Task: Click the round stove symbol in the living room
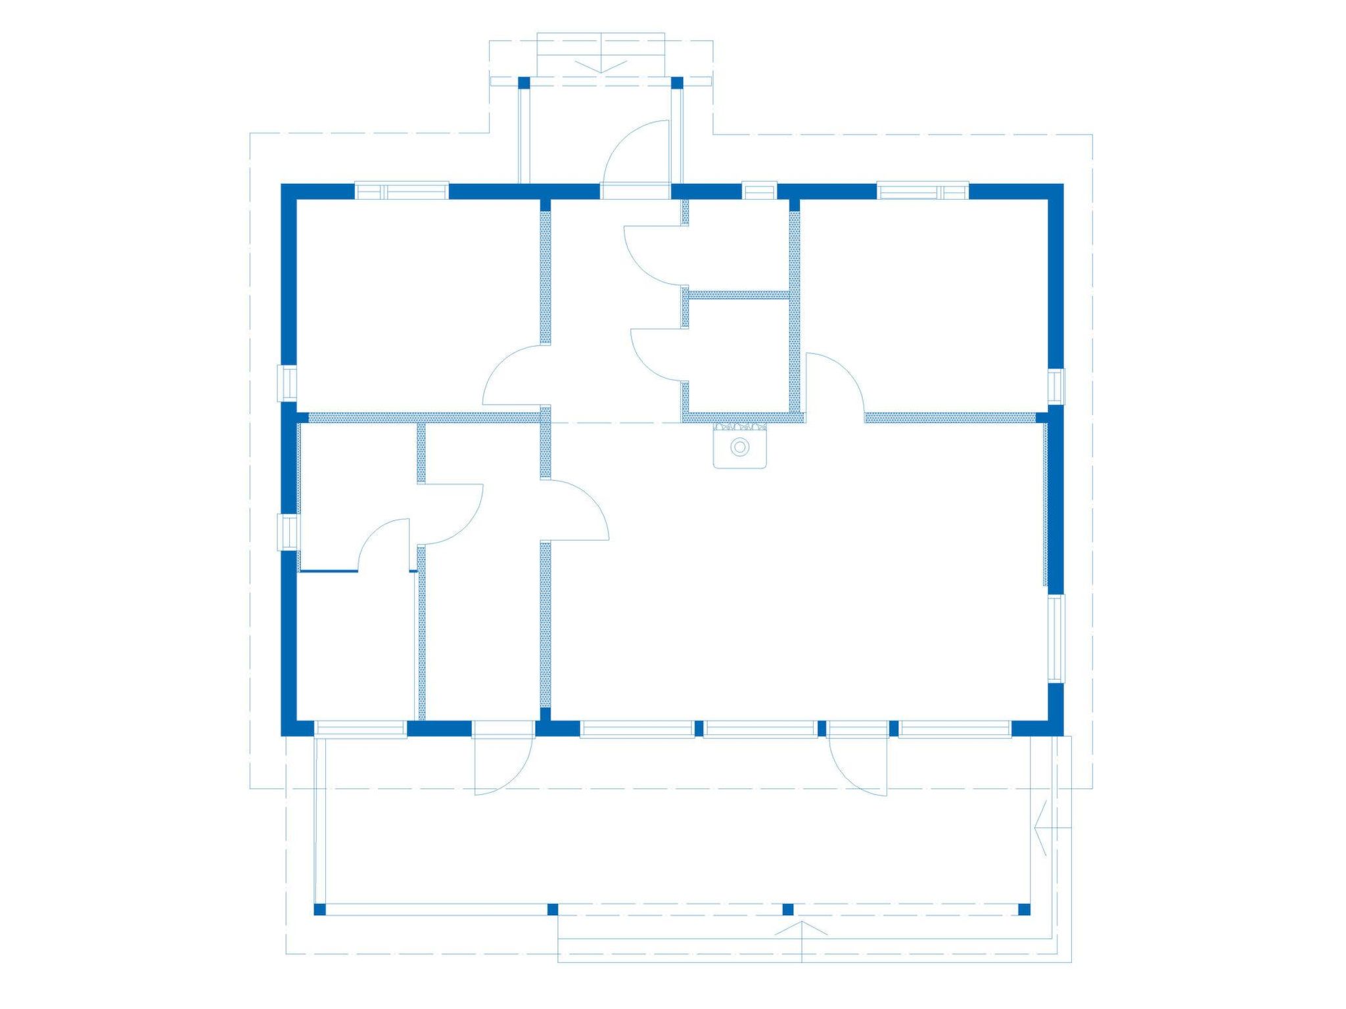point(740,447)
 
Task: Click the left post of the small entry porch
point(524,83)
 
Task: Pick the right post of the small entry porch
point(677,83)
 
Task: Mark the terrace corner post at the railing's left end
point(320,909)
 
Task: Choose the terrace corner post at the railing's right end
point(1023,909)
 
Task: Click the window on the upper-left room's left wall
point(289,382)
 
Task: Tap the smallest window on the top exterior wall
point(759,191)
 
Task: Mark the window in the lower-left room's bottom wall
point(360,729)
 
